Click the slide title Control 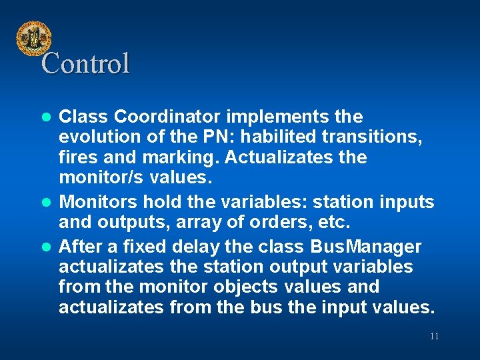[x=85, y=64]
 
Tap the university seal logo [x=33, y=38]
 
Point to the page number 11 [x=434, y=336]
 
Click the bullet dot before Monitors [x=47, y=202]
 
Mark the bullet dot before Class [x=47, y=117]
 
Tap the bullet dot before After [x=47, y=247]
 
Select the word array [x=203, y=221]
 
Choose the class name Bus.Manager [x=366, y=247]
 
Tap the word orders [x=281, y=221]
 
